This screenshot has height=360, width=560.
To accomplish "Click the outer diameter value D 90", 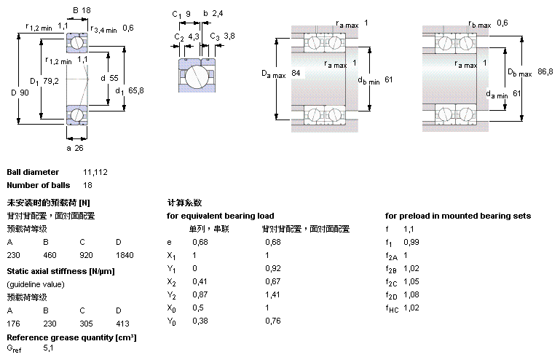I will coord(20,93).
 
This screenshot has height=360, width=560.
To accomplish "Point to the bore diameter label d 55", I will coord(109,77).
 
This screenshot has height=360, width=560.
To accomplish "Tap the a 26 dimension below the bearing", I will coord(75,149).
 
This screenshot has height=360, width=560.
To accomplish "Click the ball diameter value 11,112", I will coord(95,172).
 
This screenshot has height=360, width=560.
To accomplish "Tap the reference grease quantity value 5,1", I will coord(49,350).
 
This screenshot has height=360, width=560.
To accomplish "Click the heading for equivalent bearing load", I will coord(221,216).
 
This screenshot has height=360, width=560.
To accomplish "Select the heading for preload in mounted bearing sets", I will coord(458,216).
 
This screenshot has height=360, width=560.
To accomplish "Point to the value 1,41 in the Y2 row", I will coord(272,295).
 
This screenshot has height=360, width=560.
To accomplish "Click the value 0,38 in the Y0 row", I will coord(200,321).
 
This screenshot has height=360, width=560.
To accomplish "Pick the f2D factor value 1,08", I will coord(411,295).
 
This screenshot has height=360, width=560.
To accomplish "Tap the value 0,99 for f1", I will coord(411,242).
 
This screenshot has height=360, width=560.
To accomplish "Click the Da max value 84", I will coord(295,74).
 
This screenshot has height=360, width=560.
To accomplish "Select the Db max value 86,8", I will coord(545,71).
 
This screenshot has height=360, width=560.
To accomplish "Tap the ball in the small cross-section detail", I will coord(195,76).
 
